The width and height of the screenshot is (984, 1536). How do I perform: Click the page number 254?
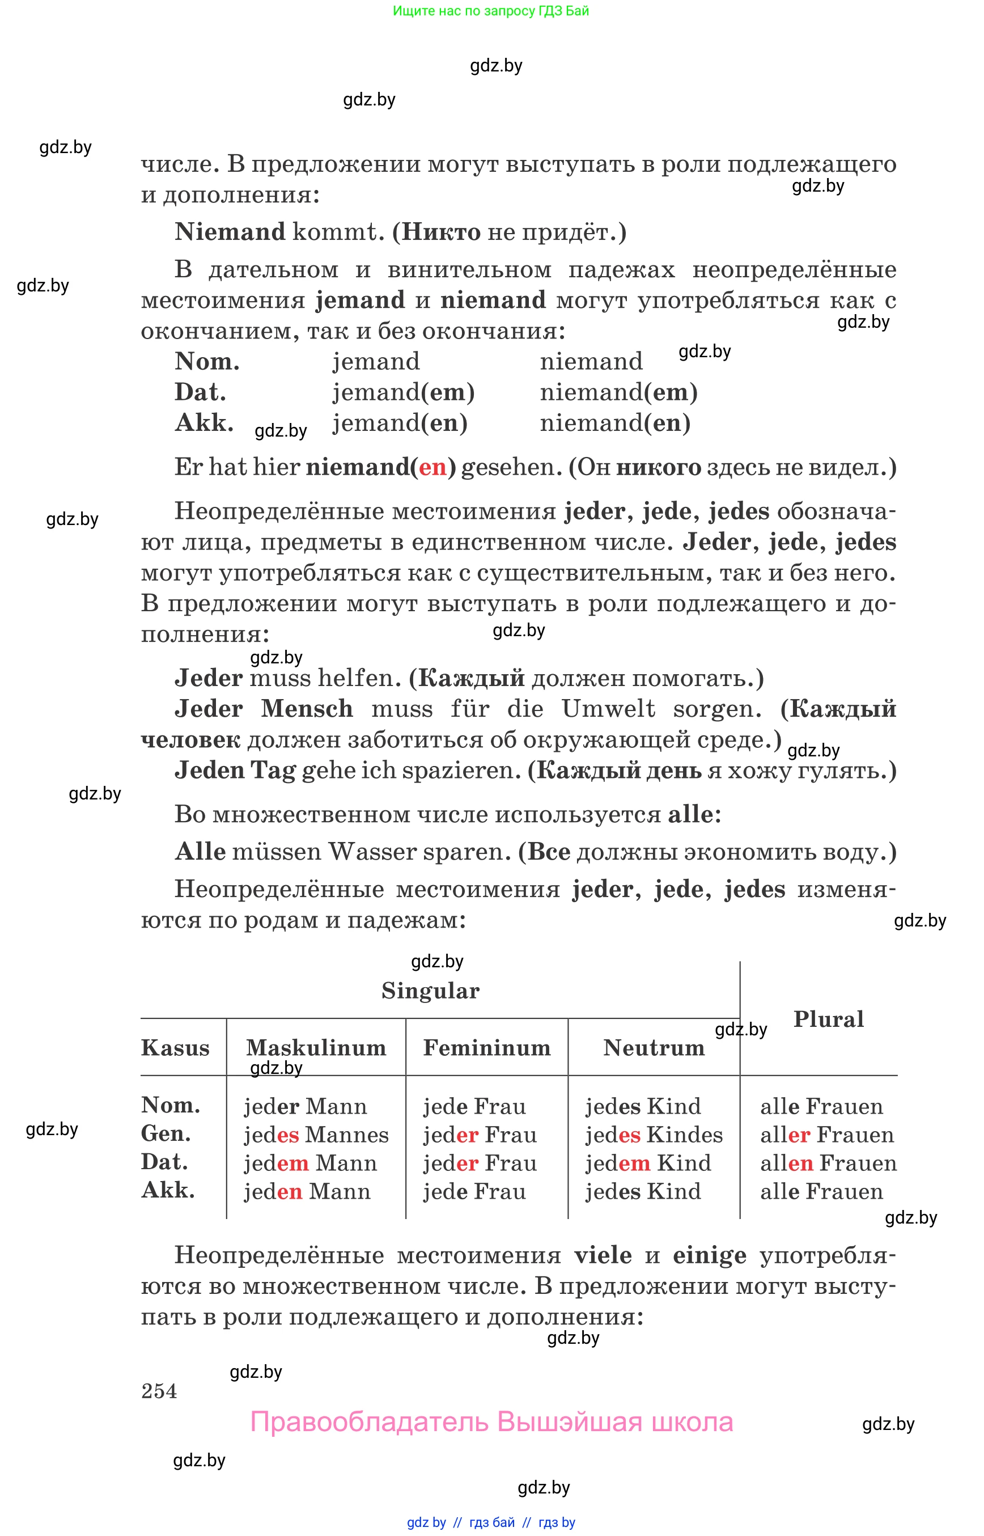[x=159, y=1391]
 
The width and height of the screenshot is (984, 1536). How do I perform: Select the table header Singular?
[x=430, y=992]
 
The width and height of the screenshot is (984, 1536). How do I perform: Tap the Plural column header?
[x=828, y=1019]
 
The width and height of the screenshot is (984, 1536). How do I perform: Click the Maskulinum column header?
[x=316, y=1048]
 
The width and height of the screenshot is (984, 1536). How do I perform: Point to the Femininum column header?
[x=487, y=1048]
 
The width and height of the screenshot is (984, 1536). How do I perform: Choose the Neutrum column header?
[x=654, y=1048]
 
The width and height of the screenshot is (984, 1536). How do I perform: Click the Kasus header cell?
[x=175, y=1048]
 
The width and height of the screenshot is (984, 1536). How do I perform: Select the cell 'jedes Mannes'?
[x=316, y=1135]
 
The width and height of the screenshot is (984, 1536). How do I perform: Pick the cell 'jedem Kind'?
[x=648, y=1163]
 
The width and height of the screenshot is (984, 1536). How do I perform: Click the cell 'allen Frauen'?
[x=828, y=1163]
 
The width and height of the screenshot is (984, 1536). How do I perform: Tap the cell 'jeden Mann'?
[x=307, y=1191]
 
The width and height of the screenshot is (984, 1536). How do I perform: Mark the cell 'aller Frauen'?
[x=827, y=1135]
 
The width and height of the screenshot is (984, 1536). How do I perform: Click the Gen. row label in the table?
[x=166, y=1134]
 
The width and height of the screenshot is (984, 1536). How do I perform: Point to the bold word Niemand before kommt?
[x=230, y=232]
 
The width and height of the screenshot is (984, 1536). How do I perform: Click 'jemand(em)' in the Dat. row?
[x=403, y=392]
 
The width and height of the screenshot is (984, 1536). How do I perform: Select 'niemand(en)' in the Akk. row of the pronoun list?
[x=614, y=423]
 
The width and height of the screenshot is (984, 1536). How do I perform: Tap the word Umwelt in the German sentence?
[x=608, y=709]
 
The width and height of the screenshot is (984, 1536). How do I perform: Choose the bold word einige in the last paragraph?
[x=709, y=1256]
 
